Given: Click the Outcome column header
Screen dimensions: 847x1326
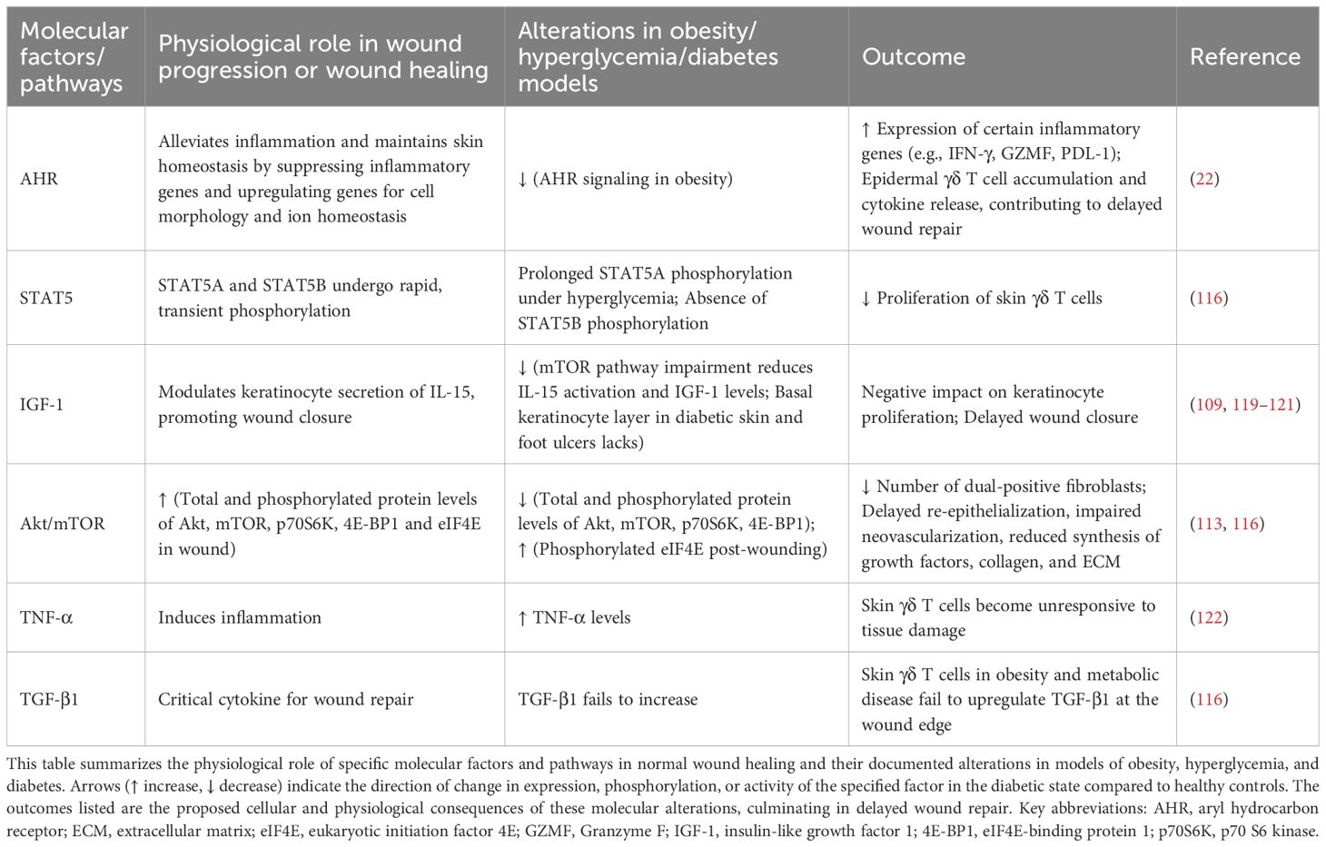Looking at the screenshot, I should coord(913,57).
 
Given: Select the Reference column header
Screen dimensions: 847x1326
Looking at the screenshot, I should coord(1244,57).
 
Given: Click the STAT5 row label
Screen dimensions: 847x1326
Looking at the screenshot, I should coord(45,298).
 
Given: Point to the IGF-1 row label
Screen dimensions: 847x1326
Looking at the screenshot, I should coord(42,404).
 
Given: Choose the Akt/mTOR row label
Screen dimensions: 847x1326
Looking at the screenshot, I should coord(62,524).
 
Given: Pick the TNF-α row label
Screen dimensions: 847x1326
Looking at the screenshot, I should coord(46,617).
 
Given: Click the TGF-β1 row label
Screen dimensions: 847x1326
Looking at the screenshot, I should coord(49,699).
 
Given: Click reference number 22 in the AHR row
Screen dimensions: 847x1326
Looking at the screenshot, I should coord(1204,179).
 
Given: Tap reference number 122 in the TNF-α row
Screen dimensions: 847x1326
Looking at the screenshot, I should coord(1209,617).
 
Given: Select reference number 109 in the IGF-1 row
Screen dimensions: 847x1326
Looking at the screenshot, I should coord(1209,404).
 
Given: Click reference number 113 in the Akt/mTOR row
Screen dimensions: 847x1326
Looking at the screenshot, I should coord(1209,524).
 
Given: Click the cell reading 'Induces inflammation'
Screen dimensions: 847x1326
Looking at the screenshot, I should coord(240,617).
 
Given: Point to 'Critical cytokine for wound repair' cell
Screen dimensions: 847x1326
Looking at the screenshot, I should coord(285,699).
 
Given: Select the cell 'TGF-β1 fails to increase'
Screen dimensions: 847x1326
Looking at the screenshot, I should coord(608,699).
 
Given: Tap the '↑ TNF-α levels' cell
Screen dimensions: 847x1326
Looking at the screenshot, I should coord(574,617).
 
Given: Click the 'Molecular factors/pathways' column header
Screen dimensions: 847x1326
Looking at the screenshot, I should coord(74,57).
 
